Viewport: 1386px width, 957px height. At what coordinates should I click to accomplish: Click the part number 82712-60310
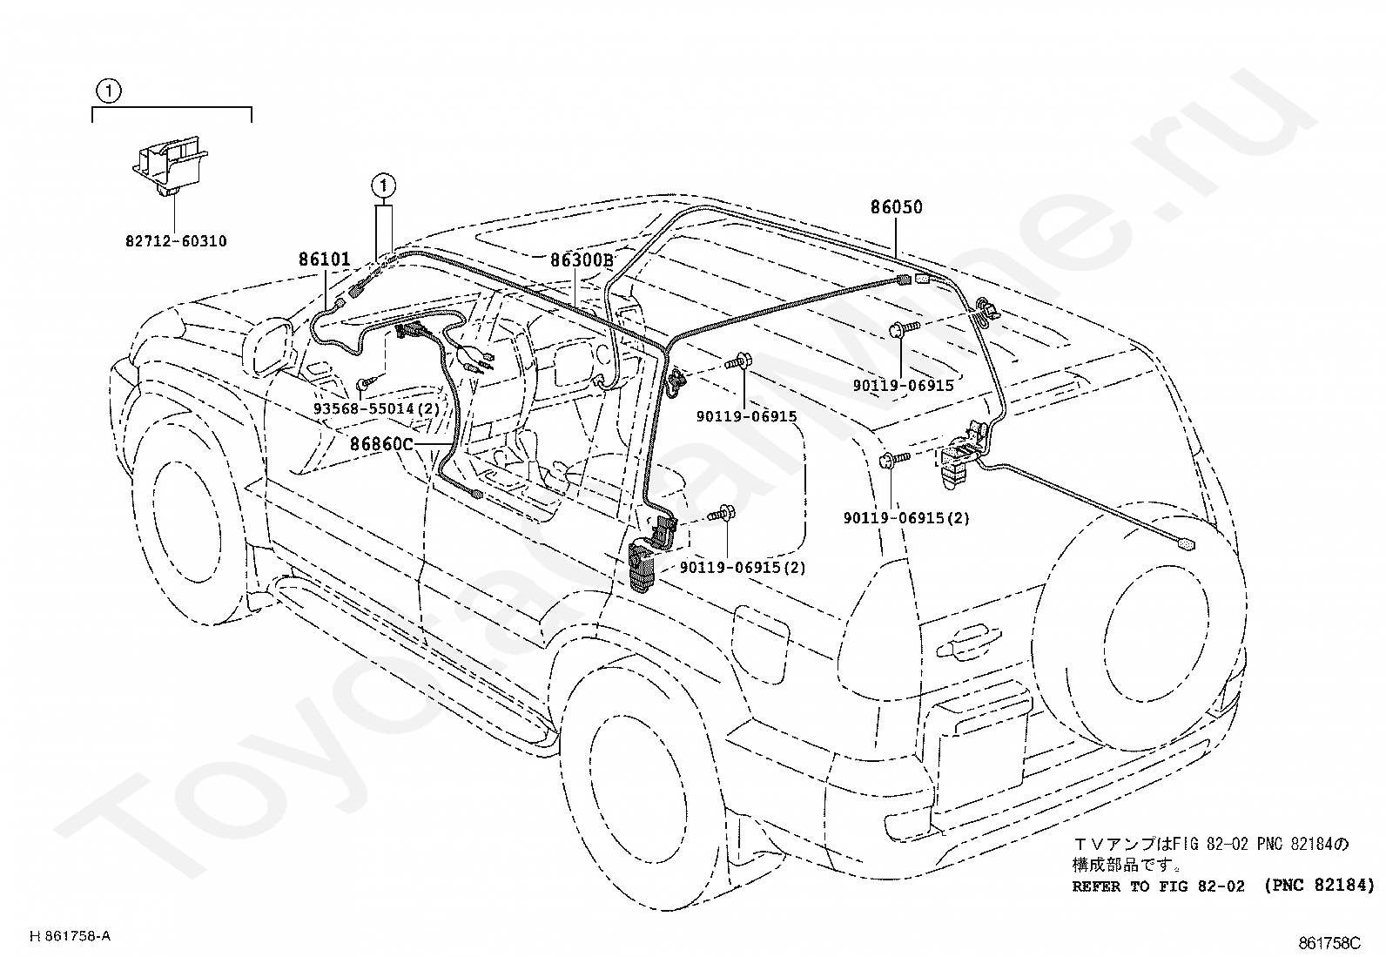click(176, 241)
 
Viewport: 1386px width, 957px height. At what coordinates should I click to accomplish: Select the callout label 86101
click(325, 259)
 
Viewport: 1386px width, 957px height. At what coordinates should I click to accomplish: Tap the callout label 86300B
click(582, 259)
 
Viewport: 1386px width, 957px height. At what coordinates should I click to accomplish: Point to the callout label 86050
click(897, 207)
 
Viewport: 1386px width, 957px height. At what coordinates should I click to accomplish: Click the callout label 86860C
click(381, 444)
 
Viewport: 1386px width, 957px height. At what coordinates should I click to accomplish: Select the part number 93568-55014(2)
click(377, 408)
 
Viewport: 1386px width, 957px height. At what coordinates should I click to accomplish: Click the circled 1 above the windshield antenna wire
click(384, 185)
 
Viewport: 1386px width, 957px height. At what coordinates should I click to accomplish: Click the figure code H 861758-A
click(71, 936)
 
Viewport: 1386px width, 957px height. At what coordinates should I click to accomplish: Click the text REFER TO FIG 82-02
click(1157, 886)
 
